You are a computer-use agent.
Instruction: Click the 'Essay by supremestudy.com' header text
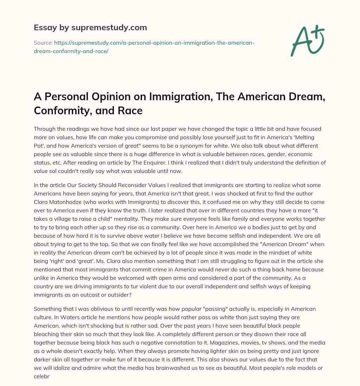90,27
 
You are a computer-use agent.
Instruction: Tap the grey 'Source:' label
43,43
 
